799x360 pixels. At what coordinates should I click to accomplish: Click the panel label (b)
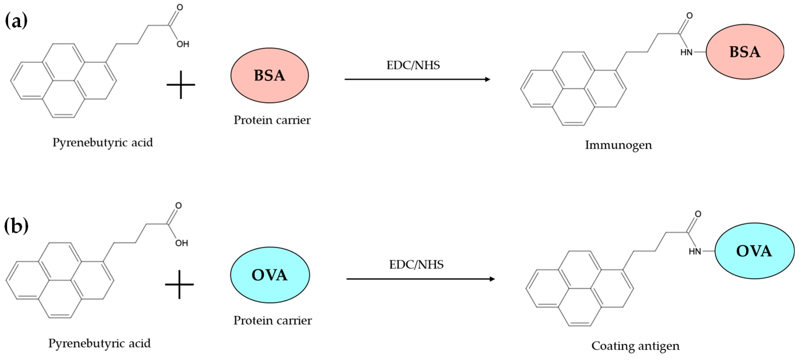click(16, 226)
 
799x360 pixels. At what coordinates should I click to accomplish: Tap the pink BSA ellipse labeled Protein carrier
click(269, 75)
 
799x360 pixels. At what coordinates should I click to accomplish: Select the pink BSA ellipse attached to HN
click(745, 52)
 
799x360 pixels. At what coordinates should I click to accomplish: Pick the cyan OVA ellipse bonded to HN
click(754, 251)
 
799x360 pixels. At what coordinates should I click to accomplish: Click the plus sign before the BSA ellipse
click(181, 85)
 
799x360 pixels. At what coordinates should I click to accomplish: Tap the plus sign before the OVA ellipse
click(179, 284)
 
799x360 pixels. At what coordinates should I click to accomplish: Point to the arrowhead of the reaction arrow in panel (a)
click(488, 79)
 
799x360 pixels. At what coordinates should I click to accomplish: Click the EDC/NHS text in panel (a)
click(413, 65)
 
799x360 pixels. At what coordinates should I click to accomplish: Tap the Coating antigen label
click(635, 346)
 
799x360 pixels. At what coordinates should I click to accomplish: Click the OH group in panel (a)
click(183, 44)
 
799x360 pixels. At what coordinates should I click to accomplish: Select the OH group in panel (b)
click(181, 243)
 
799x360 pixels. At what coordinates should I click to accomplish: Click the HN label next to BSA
click(686, 52)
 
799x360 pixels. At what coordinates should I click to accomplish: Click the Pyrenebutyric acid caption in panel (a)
click(102, 143)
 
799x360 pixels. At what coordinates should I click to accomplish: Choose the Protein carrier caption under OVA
click(272, 320)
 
